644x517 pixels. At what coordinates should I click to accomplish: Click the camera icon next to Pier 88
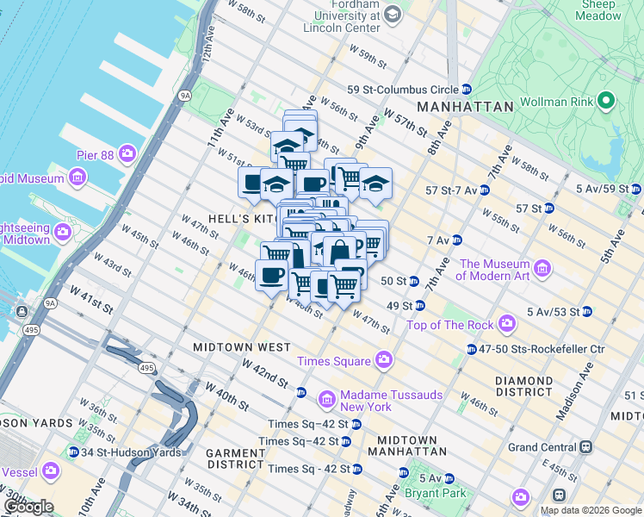pos(127,153)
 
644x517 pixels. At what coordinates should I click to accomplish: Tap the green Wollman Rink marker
pos(606,102)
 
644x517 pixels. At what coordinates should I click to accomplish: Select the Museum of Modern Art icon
pos(542,270)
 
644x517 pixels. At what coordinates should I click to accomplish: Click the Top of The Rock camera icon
pos(507,324)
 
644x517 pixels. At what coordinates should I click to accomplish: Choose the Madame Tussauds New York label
pos(380,401)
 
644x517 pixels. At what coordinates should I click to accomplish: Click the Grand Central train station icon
pos(586,447)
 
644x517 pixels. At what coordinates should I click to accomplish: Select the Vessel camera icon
pos(50,471)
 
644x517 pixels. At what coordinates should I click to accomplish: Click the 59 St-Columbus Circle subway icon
pos(466,89)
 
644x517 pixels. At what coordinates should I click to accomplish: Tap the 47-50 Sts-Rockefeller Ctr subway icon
pos(472,349)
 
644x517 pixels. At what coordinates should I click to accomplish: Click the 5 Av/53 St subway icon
pos(586,311)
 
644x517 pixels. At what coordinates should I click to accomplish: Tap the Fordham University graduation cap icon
pos(393,14)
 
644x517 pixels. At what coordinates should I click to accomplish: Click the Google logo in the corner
pos(28,507)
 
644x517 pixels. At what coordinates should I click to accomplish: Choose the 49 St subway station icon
pos(419,306)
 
